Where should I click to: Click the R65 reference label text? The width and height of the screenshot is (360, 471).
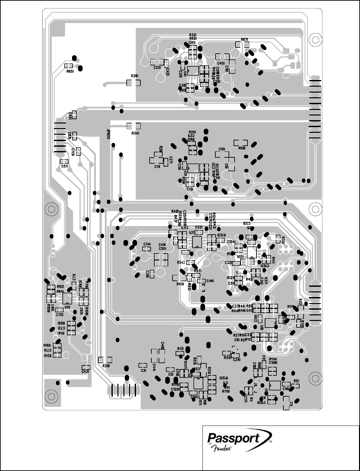point(70,71)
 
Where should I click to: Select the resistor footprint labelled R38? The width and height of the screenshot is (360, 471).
point(134,83)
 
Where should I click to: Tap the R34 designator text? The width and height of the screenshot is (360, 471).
point(134,133)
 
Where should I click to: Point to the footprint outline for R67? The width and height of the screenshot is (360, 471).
point(245,45)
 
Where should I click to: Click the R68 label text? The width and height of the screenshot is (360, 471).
point(242,148)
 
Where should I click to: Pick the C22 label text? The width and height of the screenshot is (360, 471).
point(157,67)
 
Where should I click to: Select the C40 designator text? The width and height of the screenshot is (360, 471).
point(221,63)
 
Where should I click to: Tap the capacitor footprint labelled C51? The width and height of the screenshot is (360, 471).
point(65,161)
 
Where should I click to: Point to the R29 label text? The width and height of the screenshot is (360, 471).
point(106,365)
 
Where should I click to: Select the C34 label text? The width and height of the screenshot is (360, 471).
point(147,244)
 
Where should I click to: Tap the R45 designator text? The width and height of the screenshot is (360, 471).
point(180,284)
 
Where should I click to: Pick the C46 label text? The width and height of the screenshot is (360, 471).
point(210,281)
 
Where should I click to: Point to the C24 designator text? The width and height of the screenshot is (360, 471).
point(237,359)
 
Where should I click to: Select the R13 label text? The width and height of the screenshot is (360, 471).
point(180,349)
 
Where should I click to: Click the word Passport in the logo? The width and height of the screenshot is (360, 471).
point(233,438)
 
